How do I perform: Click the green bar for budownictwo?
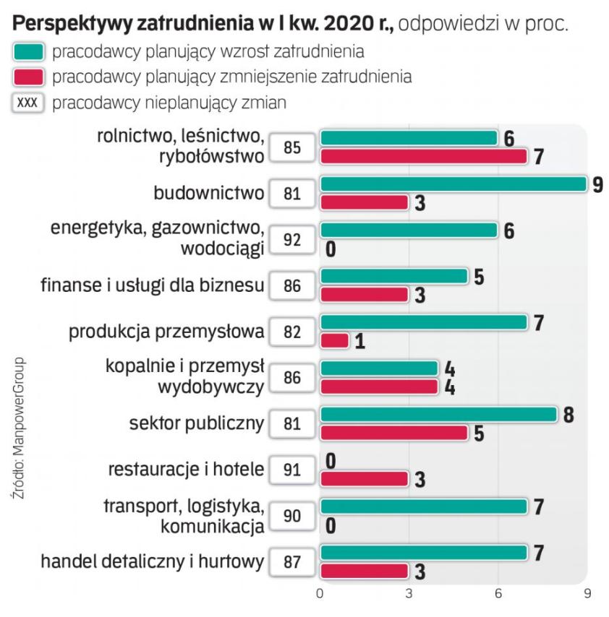(x=453, y=184)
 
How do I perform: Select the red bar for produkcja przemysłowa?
(x=334, y=340)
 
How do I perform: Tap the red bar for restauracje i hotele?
(x=364, y=478)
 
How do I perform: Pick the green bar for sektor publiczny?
(x=438, y=415)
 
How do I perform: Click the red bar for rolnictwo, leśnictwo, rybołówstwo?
(x=423, y=156)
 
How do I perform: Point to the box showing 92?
(x=292, y=240)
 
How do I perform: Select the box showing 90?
(x=292, y=516)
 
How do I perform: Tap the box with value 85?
(x=292, y=148)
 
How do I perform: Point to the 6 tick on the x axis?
(x=498, y=593)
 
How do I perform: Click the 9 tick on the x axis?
(x=587, y=593)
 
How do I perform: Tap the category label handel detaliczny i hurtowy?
(x=153, y=561)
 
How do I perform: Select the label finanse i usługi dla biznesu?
(x=151, y=285)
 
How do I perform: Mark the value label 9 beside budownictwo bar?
(x=597, y=185)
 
